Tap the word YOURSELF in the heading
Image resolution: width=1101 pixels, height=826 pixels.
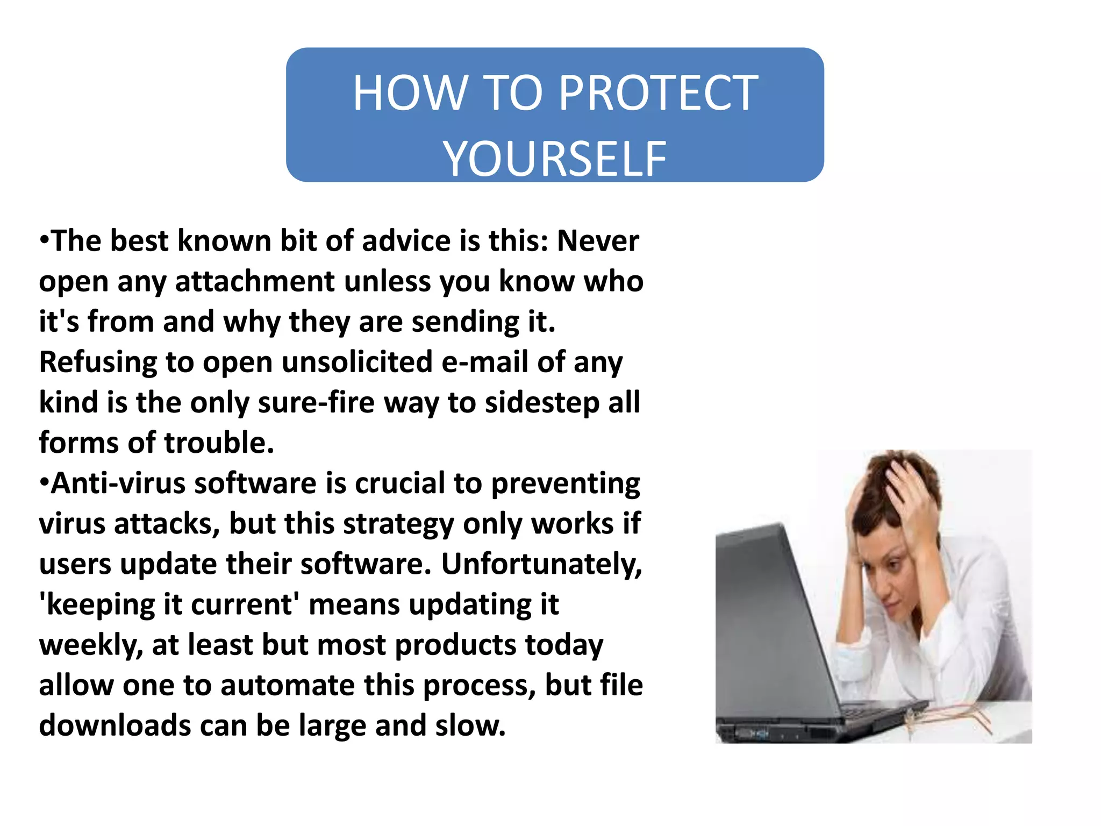[555, 159]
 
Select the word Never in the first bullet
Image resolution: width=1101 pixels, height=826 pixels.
[598, 241]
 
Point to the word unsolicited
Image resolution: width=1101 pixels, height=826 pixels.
[357, 362]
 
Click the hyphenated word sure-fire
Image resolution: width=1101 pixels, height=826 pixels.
[316, 402]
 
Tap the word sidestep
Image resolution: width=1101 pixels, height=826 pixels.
[542, 402]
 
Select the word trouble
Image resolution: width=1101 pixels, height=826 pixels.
[219, 443]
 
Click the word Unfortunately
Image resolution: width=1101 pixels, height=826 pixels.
[541, 564]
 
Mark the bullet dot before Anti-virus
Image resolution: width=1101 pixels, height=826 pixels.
[45, 481]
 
